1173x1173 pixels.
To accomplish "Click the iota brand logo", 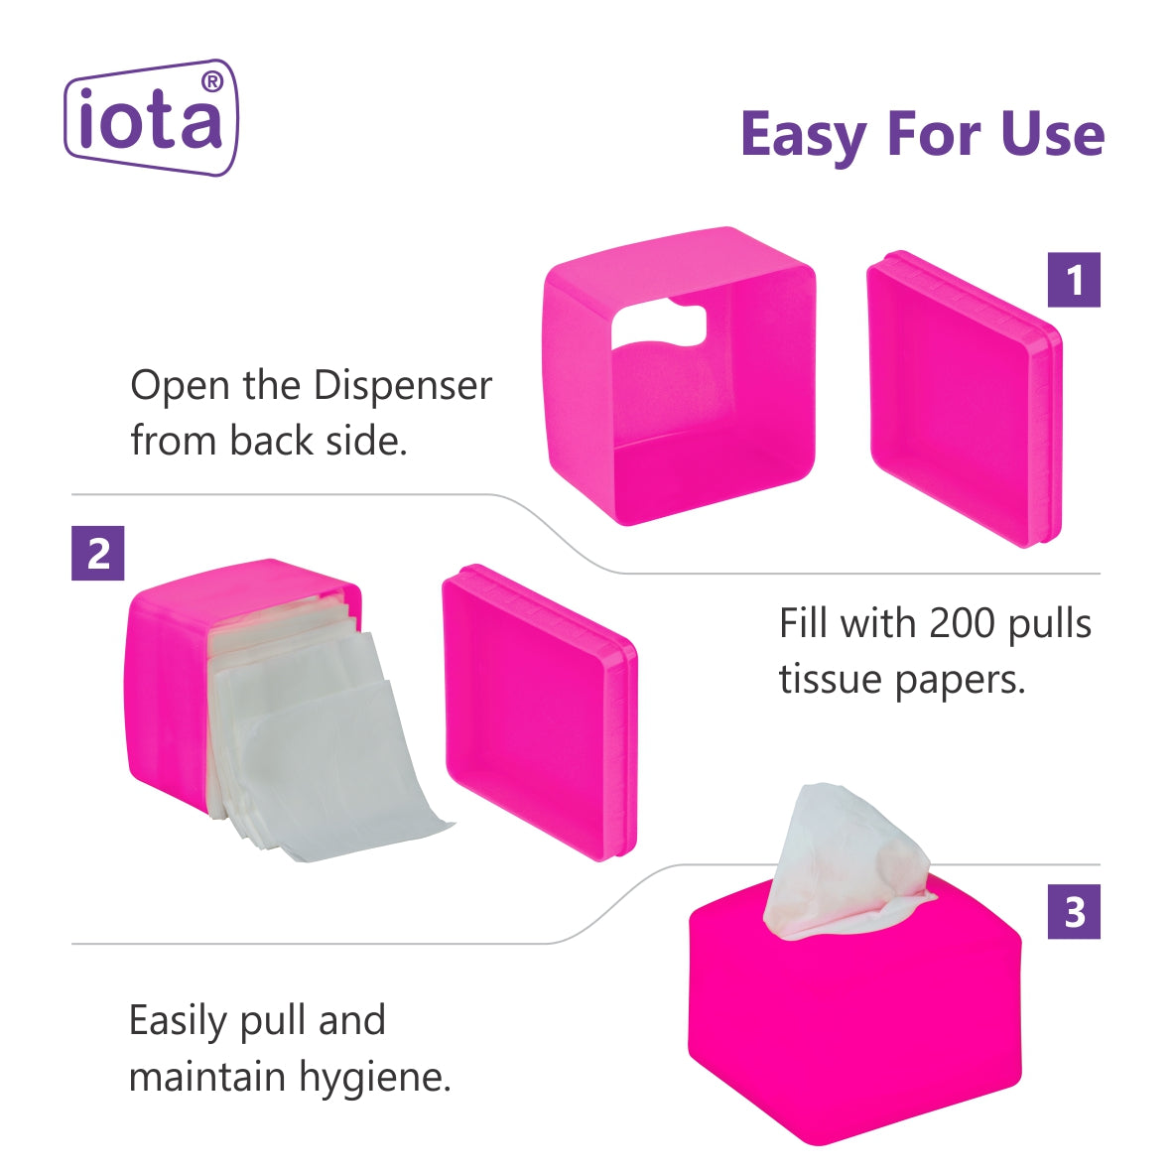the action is click(x=151, y=117).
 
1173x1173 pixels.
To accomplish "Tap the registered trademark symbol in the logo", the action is click(x=212, y=81).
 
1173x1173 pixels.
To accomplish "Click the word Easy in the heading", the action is click(x=804, y=136).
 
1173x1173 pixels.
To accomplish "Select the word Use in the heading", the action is click(x=1053, y=135).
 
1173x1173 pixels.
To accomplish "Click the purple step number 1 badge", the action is click(x=1074, y=280).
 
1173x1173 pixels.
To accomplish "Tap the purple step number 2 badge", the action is click(x=98, y=554).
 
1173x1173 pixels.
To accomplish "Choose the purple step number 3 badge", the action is click(x=1074, y=912).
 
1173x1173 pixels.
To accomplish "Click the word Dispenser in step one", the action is click(x=403, y=387).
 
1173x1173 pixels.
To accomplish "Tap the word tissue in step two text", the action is click(x=832, y=679).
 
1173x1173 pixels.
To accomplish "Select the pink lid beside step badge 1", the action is click(x=965, y=399).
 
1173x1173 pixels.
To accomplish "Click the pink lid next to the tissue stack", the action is click(x=540, y=713).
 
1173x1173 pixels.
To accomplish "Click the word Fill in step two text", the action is click(x=804, y=622).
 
